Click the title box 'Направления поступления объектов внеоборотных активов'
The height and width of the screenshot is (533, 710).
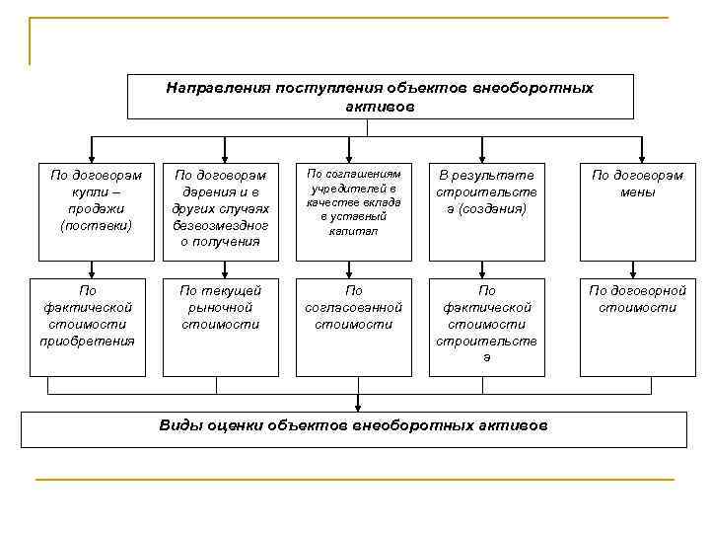(380, 97)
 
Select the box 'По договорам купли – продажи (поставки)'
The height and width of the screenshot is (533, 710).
(94, 207)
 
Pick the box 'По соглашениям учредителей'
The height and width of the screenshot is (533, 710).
(354, 207)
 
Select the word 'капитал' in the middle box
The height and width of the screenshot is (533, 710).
(354, 231)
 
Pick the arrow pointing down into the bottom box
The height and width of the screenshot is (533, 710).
(356, 402)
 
